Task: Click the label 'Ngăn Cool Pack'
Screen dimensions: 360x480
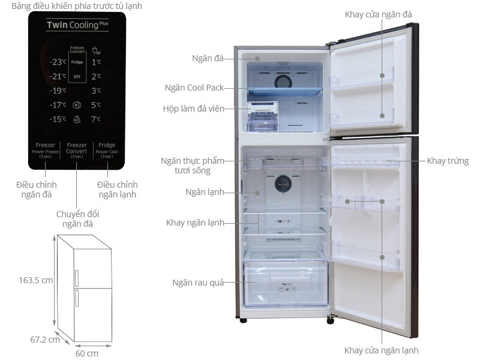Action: coord(194,88)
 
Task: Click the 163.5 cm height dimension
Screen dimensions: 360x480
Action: coord(36,280)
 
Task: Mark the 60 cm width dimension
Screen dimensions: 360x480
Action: coord(87,353)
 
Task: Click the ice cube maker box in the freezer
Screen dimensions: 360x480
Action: coord(263,116)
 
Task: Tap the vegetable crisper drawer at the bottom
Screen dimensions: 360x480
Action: coord(285,284)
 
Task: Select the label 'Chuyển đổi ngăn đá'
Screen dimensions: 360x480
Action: coord(76,219)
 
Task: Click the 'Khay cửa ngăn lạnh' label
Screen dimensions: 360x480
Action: coord(382,350)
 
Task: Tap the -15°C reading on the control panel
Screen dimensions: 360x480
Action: coord(58,119)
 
